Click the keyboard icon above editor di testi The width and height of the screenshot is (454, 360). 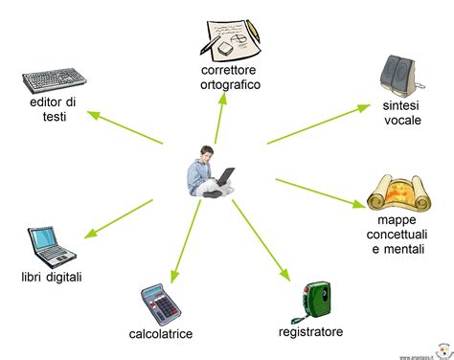coord(57,79)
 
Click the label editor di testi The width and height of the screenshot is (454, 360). coord(53,109)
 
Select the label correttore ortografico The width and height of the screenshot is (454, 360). coord(231,78)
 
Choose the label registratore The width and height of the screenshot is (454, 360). coord(310,332)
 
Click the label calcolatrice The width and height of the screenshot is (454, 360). coord(161,333)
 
